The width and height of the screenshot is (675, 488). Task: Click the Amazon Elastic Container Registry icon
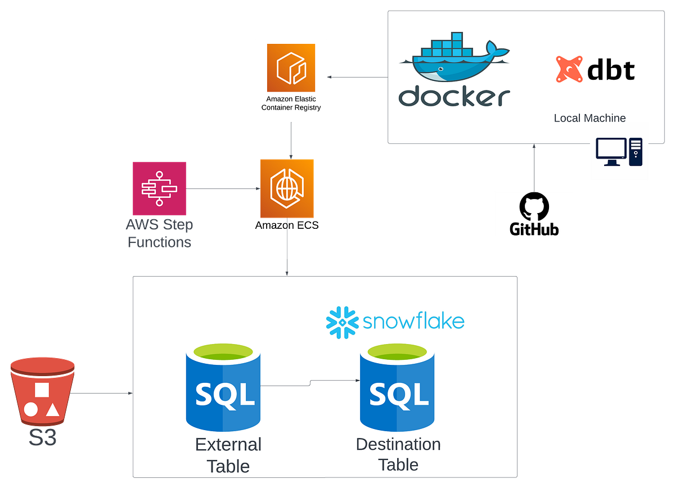point(291,67)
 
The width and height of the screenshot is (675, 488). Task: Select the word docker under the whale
point(454,96)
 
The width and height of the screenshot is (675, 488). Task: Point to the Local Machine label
point(589,118)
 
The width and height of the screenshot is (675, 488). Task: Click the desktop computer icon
point(619,152)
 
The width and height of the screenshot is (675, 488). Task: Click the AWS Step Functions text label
point(160,233)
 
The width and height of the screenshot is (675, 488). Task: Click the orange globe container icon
point(287,188)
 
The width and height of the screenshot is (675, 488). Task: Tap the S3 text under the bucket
point(43,438)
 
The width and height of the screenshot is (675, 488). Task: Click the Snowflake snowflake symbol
point(342,322)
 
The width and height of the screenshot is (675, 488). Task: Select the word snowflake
point(413,322)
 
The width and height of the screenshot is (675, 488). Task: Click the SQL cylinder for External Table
point(223,388)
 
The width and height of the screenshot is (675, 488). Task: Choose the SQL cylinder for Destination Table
point(397,388)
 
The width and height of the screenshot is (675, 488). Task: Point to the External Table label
point(228,455)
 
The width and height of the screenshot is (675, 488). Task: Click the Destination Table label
point(398,454)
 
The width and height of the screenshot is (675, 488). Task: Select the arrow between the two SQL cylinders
point(310,383)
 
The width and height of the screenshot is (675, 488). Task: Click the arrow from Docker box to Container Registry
point(358,77)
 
